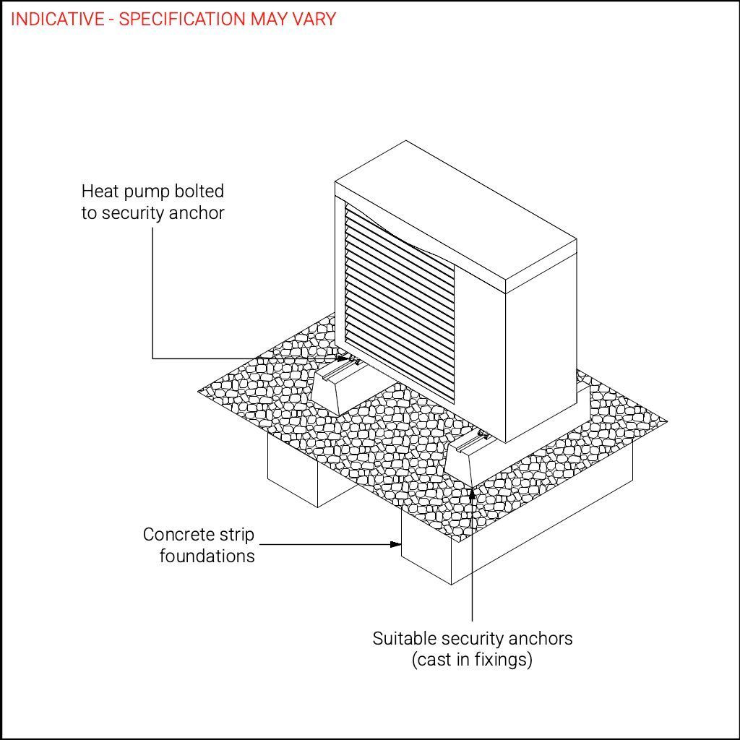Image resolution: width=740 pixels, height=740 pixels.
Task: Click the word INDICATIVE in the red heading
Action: (x=57, y=19)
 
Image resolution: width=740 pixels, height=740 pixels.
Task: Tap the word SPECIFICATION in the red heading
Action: (x=181, y=19)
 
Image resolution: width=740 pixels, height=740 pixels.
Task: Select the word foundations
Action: (x=207, y=556)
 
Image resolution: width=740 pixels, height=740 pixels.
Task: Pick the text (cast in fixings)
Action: (x=473, y=660)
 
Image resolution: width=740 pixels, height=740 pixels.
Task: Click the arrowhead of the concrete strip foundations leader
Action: (x=396, y=544)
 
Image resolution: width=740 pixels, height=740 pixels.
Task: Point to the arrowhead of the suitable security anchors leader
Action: (x=472, y=492)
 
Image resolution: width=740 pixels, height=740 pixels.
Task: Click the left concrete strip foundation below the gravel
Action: (x=293, y=472)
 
